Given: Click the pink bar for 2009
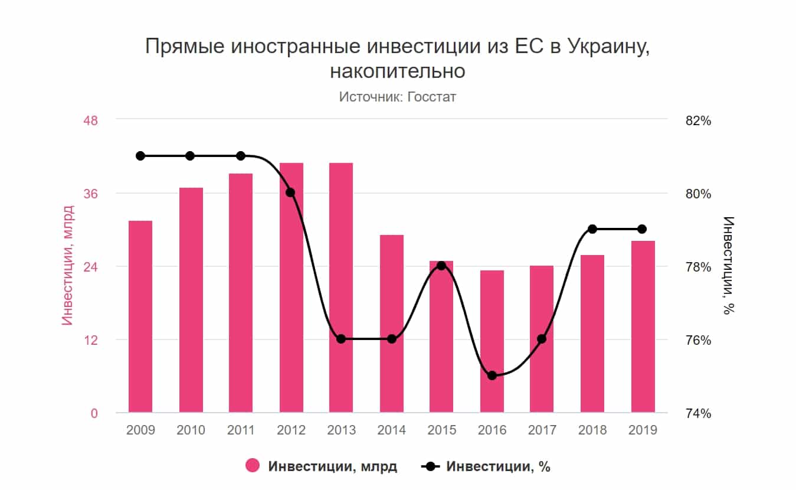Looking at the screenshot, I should pos(140,316).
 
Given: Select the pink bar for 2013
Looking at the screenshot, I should pos(341,288).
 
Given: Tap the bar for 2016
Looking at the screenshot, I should pos(492,341).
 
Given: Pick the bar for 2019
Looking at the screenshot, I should pos(643,326).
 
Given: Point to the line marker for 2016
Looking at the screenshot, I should pos(492,375).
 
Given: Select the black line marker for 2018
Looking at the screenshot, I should pos(592,229).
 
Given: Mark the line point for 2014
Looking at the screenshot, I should pos(392,339).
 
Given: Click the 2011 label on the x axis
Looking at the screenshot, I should pos(241,430).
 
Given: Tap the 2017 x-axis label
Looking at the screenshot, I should pos(542,430).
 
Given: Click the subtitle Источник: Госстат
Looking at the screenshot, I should pos(397,96).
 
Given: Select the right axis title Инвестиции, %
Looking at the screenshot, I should pos(730,266).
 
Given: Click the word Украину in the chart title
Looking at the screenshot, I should pos(608,47).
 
